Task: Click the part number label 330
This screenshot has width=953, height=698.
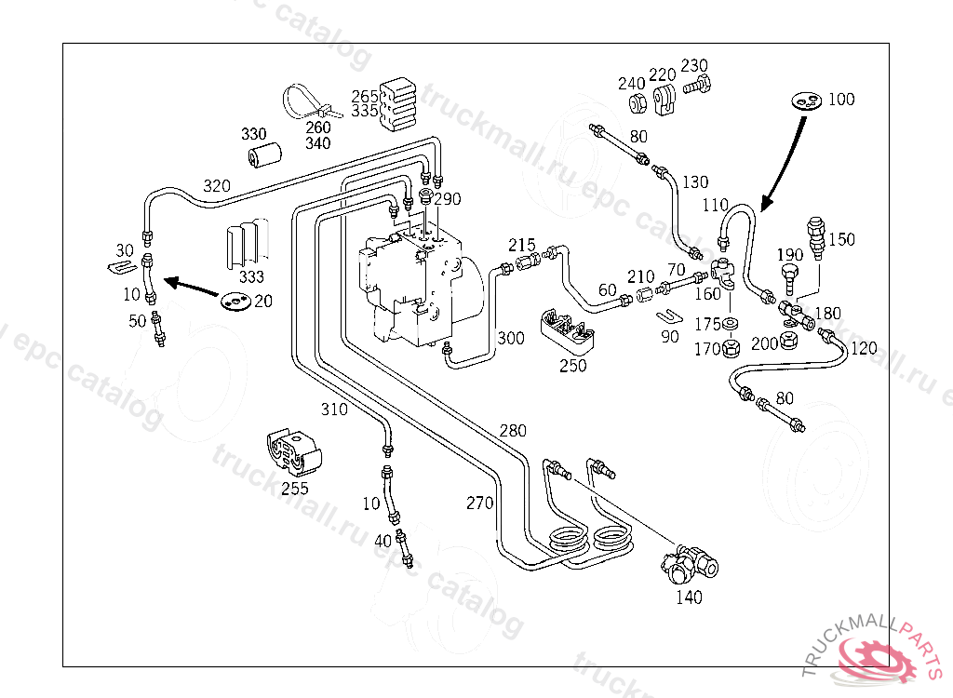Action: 253,134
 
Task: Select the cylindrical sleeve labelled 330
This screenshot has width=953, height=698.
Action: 263,156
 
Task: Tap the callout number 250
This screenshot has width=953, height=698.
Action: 573,366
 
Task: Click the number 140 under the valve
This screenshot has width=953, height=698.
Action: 689,597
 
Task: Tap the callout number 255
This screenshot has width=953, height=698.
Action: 295,488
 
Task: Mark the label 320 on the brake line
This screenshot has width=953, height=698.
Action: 216,186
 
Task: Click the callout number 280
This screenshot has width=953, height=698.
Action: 513,431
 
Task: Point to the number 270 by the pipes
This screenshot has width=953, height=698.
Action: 480,503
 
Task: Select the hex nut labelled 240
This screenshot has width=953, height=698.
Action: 637,101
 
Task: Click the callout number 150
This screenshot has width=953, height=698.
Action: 841,239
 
